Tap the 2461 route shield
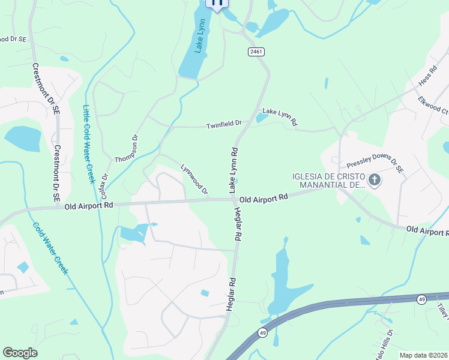click(256, 52)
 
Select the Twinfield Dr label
click(224, 125)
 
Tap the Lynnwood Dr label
click(194, 179)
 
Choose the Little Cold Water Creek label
click(89, 145)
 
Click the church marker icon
click(375, 180)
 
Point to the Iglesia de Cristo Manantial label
click(328, 181)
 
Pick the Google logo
click(20, 353)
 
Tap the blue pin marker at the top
click(217, 3)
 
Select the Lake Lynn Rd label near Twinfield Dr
click(280, 116)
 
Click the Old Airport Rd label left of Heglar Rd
click(89, 206)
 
